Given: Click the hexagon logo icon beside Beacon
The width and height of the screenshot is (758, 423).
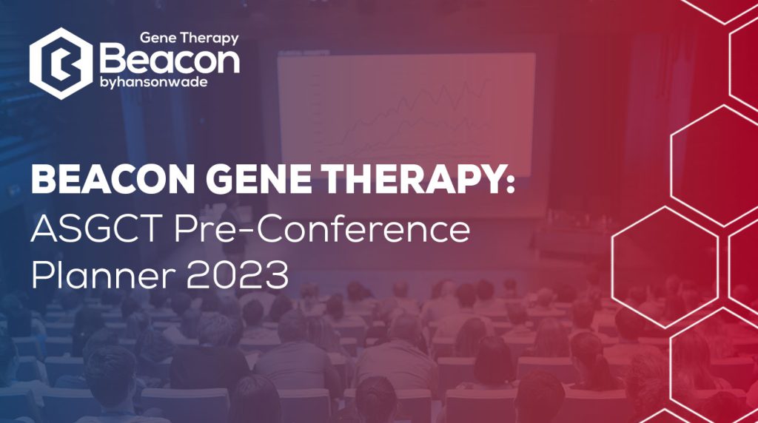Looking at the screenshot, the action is point(61,64).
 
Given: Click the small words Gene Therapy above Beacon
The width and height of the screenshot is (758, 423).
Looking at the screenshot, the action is point(189,38).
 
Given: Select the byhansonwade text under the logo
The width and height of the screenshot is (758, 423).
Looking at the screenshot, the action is point(154,82).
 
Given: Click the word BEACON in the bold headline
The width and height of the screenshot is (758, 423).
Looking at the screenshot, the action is point(113,179).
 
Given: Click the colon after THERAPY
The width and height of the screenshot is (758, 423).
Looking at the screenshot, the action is point(509,182).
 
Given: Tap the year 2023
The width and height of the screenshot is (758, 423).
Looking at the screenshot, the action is point(238,274).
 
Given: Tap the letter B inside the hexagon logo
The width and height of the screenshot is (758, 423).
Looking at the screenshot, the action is point(61,64).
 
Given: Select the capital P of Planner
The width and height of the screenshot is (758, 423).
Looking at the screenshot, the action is point(41,275).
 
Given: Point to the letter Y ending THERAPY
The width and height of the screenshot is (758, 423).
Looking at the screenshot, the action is point(486,179).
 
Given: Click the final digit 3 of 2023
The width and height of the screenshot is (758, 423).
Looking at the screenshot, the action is point(277,275).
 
